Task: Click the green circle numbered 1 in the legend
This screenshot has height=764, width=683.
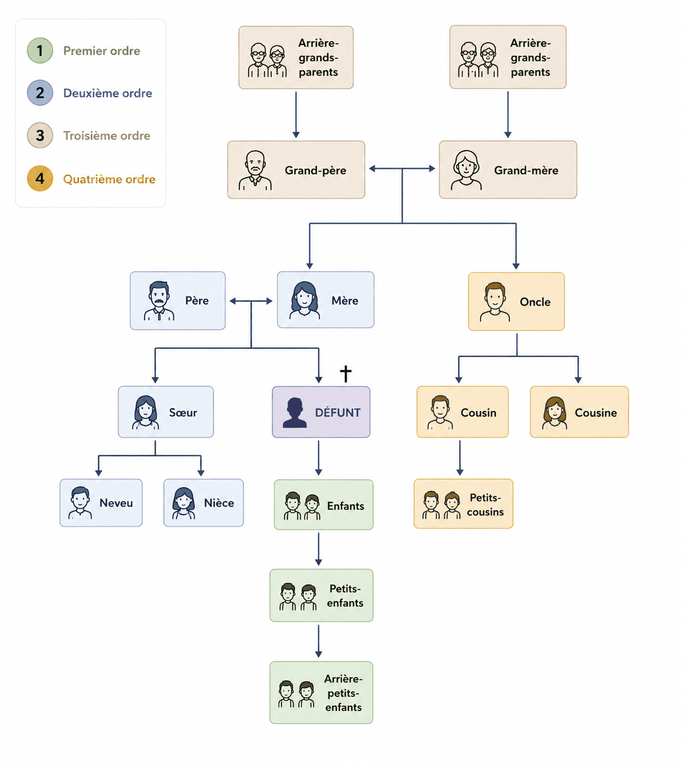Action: [40, 51]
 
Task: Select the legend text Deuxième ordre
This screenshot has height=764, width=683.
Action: [108, 93]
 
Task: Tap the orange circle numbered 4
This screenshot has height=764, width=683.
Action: [40, 178]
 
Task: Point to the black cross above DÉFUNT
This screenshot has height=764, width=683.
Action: [346, 374]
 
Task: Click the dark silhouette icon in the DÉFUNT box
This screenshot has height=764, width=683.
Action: [294, 413]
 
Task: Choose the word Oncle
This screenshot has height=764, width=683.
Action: [535, 302]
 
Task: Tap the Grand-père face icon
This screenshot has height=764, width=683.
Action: [255, 170]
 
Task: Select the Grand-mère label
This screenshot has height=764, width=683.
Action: [526, 170]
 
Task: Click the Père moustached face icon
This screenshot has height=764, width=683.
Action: [159, 301]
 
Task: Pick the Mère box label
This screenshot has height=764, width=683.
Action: [345, 301]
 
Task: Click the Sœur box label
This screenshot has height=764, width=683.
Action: [183, 413]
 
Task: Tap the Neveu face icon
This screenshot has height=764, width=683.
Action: [80, 503]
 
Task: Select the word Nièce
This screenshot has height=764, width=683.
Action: [219, 503]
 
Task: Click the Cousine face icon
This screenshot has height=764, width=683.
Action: [554, 413]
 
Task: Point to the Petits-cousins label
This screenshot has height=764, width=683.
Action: [485, 504]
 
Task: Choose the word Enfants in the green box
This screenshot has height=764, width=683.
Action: [346, 506]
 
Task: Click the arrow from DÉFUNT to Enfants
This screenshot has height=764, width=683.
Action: [318, 458]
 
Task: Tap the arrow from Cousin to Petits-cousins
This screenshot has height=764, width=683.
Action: [460, 458]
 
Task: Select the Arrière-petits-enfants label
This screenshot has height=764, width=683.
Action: [343, 693]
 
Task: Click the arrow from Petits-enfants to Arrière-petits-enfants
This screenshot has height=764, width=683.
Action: [318, 641]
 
